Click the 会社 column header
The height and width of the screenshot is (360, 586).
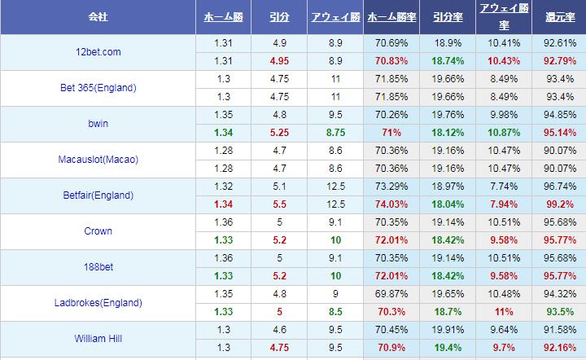pos(98,16)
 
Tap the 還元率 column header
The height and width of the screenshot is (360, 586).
pos(559,16)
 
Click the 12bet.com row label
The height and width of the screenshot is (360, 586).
pos(98,52)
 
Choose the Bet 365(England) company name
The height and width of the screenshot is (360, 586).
pos(98,88)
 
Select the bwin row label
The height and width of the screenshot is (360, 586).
pos(98,124)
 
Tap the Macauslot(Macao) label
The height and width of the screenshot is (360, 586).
pos(98,160)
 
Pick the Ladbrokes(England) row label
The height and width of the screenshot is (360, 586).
pos(98,302)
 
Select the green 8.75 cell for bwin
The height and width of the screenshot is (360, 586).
pos(335,133)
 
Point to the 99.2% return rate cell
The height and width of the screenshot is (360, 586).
pos(559,204)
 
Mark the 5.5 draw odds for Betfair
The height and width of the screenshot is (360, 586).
pos(279,204)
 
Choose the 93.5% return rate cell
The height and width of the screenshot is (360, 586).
pos(559,311)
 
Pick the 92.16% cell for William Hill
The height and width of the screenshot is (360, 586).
pos(559,347)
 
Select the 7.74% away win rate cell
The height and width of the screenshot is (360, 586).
pos(502,186)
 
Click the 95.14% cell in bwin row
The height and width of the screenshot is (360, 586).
pos(559,133)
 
